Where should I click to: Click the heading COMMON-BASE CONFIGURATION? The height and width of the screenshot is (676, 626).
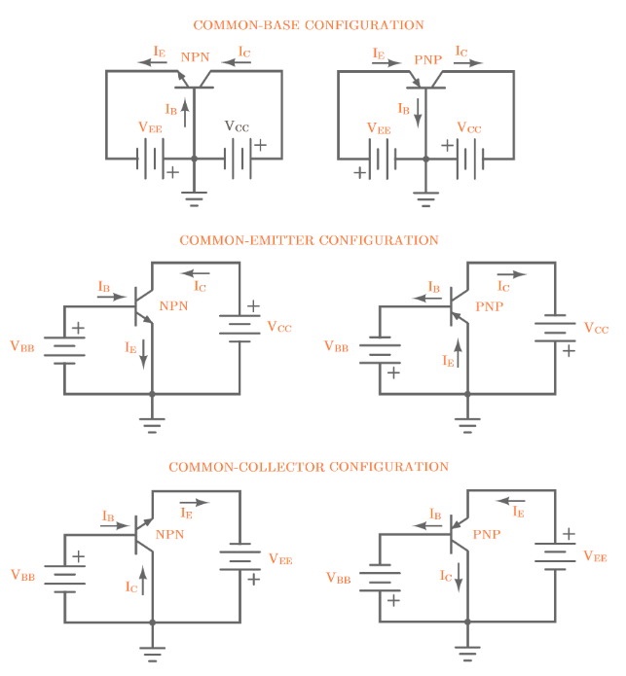309,24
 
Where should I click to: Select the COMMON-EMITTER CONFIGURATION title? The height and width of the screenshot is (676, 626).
309,240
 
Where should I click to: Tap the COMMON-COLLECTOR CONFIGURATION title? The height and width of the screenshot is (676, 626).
309,467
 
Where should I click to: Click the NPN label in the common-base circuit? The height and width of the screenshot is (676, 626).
195,59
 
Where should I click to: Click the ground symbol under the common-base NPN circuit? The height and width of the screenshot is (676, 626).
195,200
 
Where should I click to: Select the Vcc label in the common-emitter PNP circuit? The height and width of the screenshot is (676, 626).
596,329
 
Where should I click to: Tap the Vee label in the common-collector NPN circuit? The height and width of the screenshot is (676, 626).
280,558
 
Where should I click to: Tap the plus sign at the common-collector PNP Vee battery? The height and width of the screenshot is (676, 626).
569,534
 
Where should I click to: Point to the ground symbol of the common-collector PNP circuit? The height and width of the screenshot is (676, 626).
467,648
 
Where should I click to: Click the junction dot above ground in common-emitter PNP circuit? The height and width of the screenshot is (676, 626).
467,394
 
